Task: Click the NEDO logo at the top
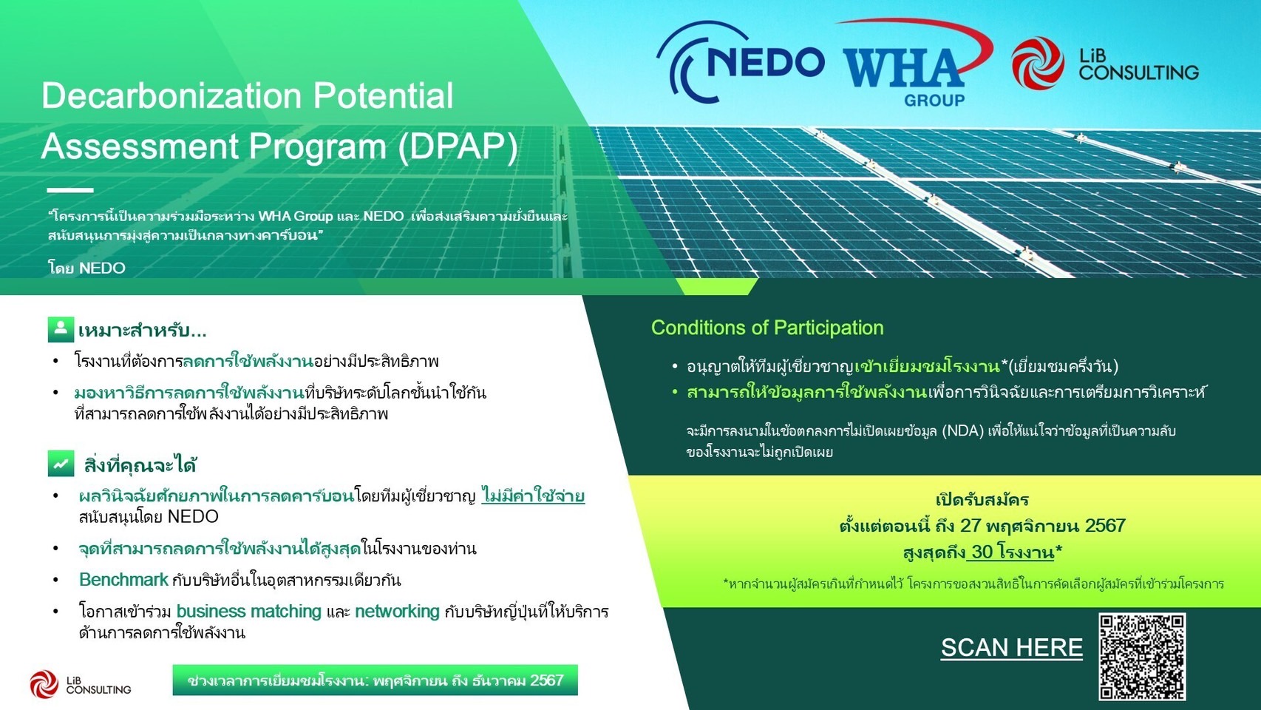(x=740, y=62)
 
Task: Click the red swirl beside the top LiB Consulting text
(x=1038, y=63)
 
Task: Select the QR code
(x=1142, y=657)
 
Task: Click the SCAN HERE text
(x=1012, y=647)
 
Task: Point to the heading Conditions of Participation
(x=767, y=328)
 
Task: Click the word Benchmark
(x=124, y=579)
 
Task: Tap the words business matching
(x=249, y=611)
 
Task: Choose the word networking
(x=397, y=611)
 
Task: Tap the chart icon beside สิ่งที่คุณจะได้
(x=61, y=463)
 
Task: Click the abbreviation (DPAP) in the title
(x=457, y=146)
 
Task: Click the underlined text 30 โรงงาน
(x=1010, y=552)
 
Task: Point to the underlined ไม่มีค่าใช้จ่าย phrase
(x=533, y=496)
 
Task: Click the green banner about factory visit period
(x=375, y=680)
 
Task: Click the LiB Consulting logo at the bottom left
(x=80, y=684)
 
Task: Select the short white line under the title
(x=69, y=190)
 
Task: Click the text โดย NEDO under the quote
(x=86, y=268)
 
